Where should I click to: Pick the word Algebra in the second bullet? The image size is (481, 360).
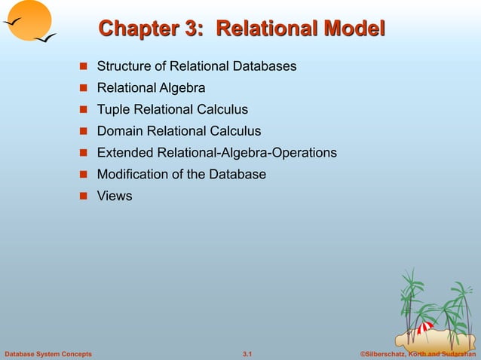click(x=180, y=88)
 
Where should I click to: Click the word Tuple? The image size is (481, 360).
click(x=112, y=110)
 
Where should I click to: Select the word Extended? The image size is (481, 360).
click(x=124, y=153)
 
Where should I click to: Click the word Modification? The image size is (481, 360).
click(x=131, y=175)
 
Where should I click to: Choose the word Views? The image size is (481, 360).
click(x=114, y=196)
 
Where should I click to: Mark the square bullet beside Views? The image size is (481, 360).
click(x=85, y=197)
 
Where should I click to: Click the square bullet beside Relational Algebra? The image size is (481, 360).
click(x=85, y=89)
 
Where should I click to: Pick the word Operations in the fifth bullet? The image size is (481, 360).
click(x=305, y=153)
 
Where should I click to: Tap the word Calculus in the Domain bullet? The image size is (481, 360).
click(x=235, y=131)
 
